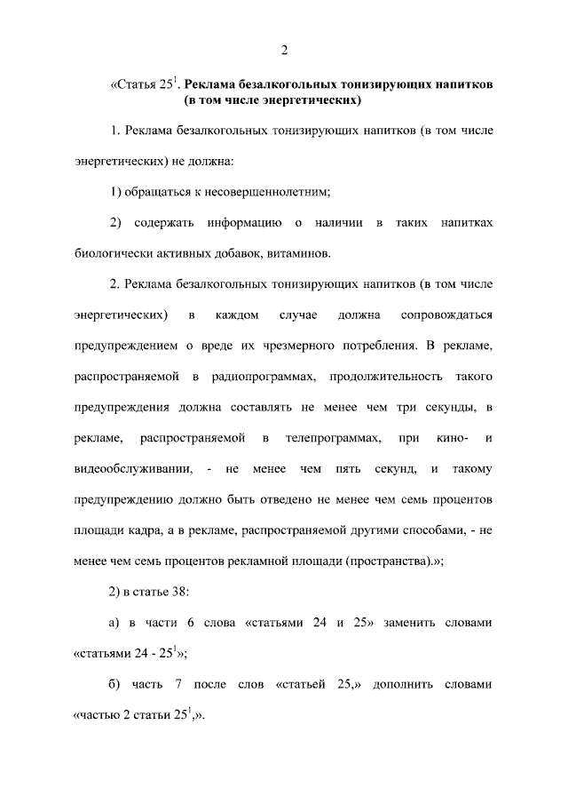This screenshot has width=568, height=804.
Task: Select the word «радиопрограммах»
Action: [264, 377]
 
